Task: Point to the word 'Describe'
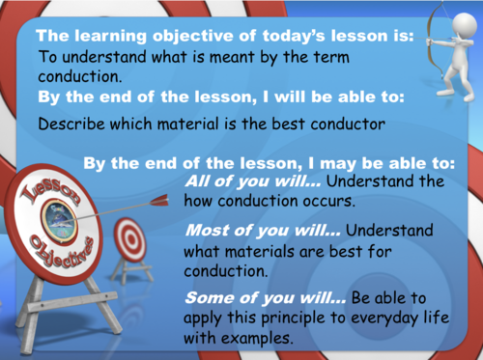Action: (x=71, y=123)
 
